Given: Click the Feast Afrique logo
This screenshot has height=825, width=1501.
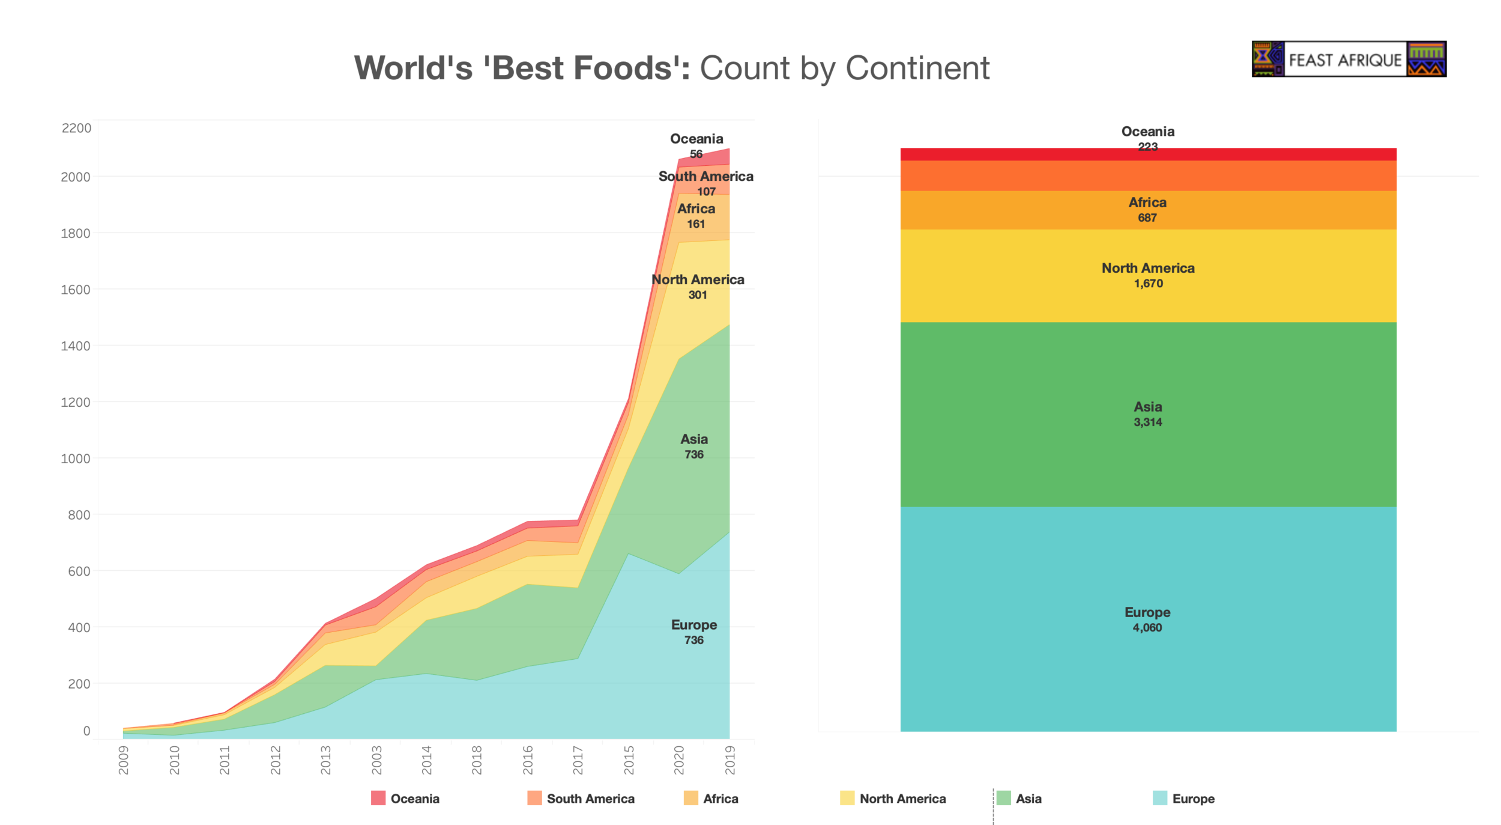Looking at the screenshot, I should (x=1348, y=59).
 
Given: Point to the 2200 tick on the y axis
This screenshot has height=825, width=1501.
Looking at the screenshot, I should (x=77, y=128).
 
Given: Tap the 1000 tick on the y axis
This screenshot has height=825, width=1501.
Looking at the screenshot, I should (x=76, y=458).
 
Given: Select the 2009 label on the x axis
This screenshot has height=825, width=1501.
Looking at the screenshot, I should (x=124, y=760).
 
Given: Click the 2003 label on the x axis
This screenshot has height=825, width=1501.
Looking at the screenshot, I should (x=376, y=760).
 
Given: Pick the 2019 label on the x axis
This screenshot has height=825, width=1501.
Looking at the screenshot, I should (x=729, y=760).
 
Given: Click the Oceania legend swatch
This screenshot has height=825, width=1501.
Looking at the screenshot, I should (x=378, y=798).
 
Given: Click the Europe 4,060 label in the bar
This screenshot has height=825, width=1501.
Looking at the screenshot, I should (x=1147, y=620).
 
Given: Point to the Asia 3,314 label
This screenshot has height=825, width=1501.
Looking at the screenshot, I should (x=1147, y=414).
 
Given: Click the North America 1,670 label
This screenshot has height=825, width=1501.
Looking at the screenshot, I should (x=1147, y=275).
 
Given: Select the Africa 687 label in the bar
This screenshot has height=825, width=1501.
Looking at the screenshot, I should (x=1147, y=210).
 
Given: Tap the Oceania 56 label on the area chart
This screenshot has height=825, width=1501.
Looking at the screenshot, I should (x=696, y=146).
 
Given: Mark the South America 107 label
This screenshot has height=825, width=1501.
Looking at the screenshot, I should (x=705, y=183).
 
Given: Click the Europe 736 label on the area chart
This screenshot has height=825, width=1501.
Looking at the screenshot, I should (x=693, y=632).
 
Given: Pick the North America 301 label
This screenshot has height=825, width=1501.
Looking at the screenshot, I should (x=697, y=287).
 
